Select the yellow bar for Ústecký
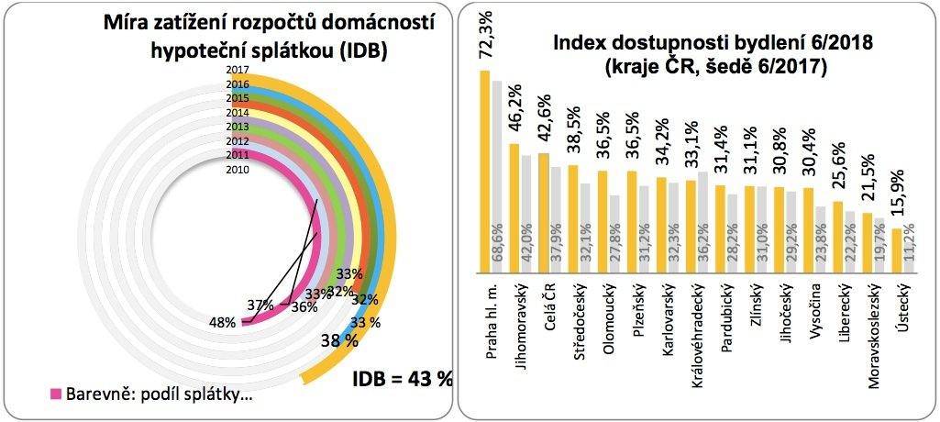pos(896,250)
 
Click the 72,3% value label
pos(486,35)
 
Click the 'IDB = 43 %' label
pos(404,378)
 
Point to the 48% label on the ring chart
pos(224,322)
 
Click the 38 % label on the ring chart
pos(338,343)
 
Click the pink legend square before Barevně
pos(54,394)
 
